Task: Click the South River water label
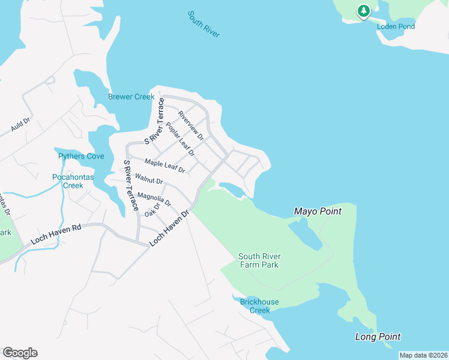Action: tap(203, 24)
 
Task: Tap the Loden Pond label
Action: tap(396, 26)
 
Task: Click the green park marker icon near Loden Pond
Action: tap(363, 11)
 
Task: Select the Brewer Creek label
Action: tap(131, 97)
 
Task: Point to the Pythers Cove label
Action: tap(81, 157)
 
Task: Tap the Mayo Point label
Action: tap(318, 211)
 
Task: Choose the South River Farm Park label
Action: tap(259, 260)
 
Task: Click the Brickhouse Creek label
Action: tap(259, 306)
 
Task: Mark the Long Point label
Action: tap(378, 337)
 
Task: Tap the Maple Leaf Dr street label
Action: tap(164, 166)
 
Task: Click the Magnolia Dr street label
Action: tap(154, 199)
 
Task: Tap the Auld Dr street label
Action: tap(20, 125)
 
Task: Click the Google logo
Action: tap(20, 353)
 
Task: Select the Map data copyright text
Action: tap(424, 355)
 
